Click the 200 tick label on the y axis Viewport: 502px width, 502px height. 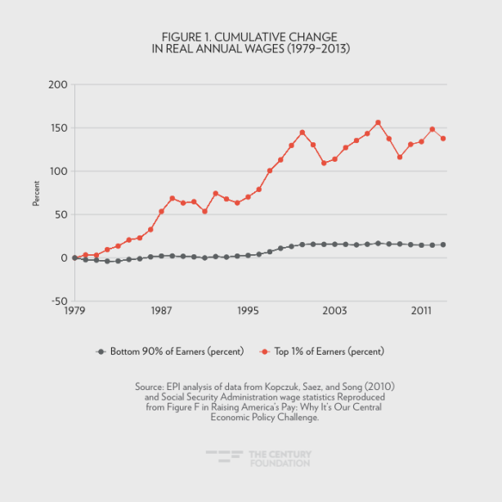pos(57,85)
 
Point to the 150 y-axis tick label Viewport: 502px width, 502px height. pos(57,128)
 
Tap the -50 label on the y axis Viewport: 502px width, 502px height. pos(57,301)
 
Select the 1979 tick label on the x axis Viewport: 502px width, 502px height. pos(74,312)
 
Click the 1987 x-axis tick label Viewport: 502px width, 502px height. pos(161,312)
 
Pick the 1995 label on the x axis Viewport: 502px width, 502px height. pos(248,312)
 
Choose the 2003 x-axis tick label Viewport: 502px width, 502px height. pos(334,312)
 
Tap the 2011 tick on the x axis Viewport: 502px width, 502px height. pos(421,312)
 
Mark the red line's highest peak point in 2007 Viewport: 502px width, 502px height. pos(378,123)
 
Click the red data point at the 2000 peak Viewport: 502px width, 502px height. pos(302,132)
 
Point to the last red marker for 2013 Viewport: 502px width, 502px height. pos(443,138)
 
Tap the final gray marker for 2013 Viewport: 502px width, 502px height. pos(443,244)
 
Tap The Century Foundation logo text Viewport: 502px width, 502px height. pos(279,459)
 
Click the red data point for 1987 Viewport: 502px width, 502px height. pos(161,212)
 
